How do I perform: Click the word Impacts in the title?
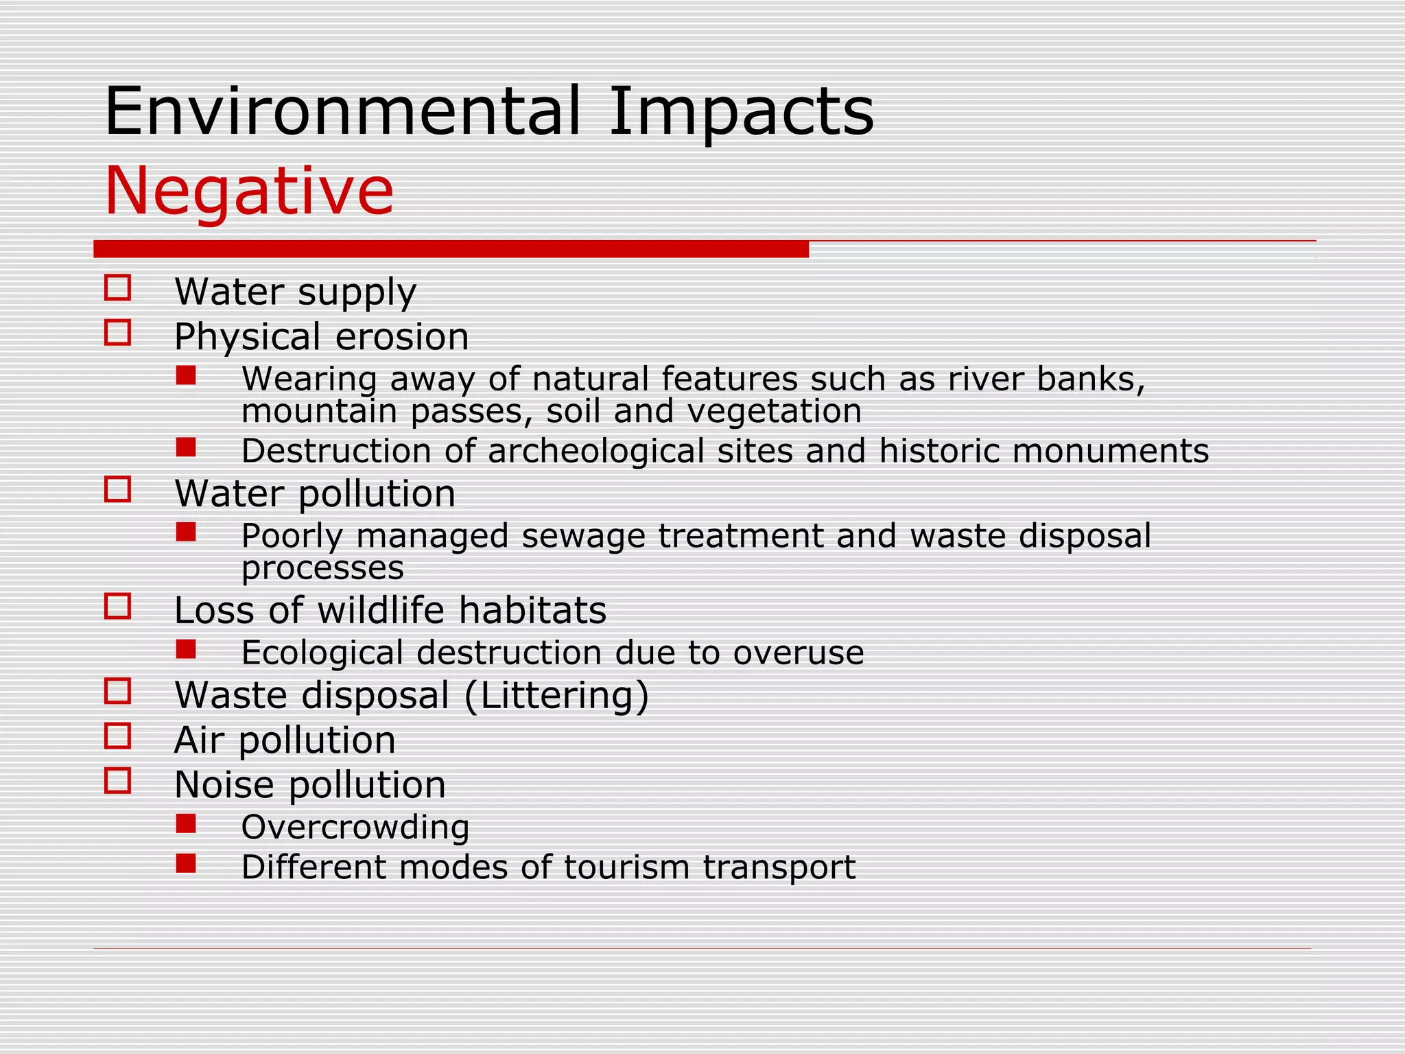(741, 113)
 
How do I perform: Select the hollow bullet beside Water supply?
(118, 288)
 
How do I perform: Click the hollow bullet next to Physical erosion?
(118, 333)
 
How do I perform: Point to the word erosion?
(402, 337)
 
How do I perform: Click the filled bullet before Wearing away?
(186, 375)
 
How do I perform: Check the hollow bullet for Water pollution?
(118, 490)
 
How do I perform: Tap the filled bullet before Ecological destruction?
(186, 649)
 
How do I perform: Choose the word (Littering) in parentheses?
(556, 695)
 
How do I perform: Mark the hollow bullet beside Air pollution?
(118, 736)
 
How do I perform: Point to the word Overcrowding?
(355, 828)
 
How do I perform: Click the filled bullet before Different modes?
(186, 863)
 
